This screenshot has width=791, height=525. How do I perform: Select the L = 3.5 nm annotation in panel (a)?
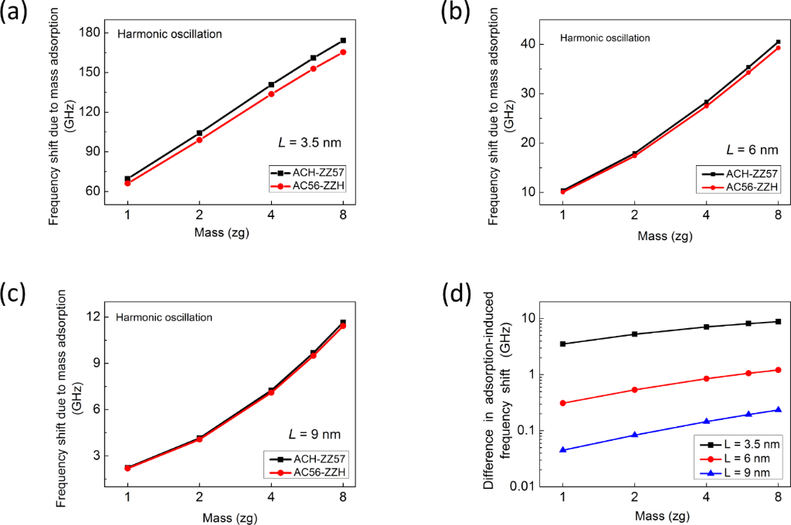pos(310,141)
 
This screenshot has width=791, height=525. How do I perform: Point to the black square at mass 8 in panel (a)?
pos(343,40)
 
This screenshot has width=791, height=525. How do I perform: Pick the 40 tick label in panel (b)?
pos(528,44)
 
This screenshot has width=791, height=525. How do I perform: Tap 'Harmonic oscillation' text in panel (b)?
pos(605,37)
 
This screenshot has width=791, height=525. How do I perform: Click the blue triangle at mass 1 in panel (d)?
pos(563,449)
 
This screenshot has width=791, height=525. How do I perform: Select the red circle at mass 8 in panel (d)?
pos(778,370)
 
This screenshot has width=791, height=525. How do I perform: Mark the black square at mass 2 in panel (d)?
pos(635,334)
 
